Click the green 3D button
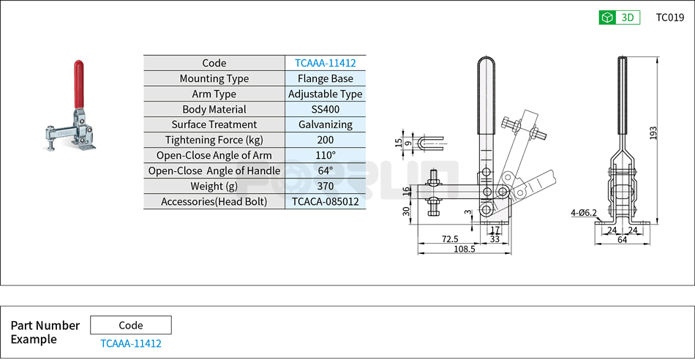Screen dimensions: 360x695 [x=619, y=18]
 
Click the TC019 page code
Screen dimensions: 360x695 [x=669, y=18]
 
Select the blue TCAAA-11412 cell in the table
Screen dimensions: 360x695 [x=325, y=64]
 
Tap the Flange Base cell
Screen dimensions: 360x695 [x=325, y=79]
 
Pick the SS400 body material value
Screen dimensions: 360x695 [x=325, y=110]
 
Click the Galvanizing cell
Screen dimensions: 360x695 [x=325, y=125]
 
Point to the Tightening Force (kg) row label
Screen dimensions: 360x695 [x=214, y=140]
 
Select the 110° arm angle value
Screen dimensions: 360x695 [x=325, y=156]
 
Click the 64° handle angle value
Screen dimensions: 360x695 [x=325, y=171]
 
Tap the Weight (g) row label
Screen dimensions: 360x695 [x=214, y=187]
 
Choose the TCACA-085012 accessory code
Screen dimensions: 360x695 [x=325, y=202]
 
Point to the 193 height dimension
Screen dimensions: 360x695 [x=653, y=132]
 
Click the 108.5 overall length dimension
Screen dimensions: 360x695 [x=464, y=250]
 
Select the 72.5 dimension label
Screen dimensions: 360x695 [x=449, y=239]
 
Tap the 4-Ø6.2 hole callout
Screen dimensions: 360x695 [x=584, y=213]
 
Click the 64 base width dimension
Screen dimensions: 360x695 [x=622, y=239]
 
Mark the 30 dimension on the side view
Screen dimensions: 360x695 [x=406, y=211]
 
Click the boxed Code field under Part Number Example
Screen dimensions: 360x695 [x=130, y=326]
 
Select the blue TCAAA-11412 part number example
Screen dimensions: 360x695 [x=130, y=343]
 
